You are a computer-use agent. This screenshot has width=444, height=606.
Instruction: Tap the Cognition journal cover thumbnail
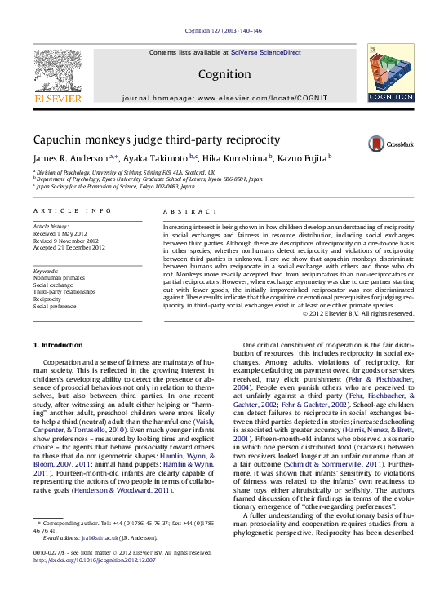pos(389,75)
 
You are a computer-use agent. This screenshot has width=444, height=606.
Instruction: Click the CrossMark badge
pos(390,144)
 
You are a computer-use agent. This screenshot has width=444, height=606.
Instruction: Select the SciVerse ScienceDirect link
pos(265,52)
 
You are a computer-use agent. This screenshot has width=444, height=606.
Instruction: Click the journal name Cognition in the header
pos(224,74)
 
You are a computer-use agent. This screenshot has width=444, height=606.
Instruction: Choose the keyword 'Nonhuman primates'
pos(59,277)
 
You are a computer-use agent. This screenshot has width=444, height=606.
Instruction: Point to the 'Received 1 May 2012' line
pos(62,234)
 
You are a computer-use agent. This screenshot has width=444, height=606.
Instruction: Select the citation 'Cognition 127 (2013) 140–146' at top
pos(223,30)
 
